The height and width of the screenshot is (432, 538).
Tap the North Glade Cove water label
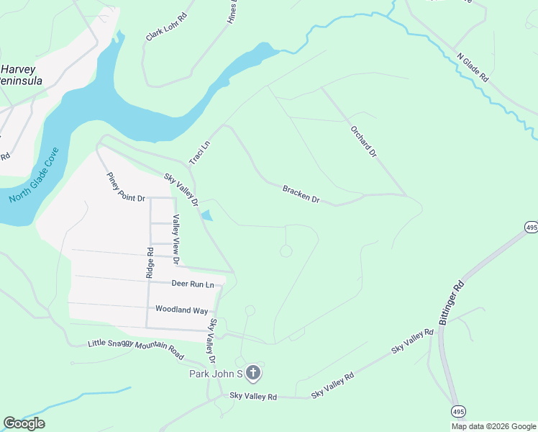click(34, 177)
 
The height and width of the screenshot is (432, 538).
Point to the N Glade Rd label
click(473, 66)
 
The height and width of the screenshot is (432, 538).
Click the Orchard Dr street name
click(363, 141)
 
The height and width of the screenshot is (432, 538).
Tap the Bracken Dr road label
click(301, 193)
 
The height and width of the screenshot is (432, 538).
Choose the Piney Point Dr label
click(126, 187)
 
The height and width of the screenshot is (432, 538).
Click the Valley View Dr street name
click(175, 239)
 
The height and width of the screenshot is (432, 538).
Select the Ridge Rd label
click(150, 264)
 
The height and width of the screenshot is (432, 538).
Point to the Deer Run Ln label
click(193, 284)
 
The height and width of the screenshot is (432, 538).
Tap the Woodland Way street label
click(182, 310)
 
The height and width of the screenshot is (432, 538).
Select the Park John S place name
click(216, 373)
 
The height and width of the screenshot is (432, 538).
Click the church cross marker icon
click(252, 373)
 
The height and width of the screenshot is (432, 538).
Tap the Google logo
click(24, 423)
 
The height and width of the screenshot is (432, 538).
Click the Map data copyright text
click(493, 426)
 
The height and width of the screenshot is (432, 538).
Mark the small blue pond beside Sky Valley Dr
click(207, 215)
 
